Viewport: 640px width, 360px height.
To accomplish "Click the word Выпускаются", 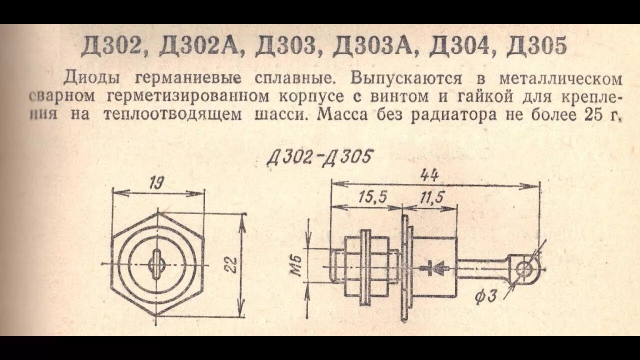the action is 405,78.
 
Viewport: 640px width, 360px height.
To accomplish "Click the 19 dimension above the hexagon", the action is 158,183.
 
